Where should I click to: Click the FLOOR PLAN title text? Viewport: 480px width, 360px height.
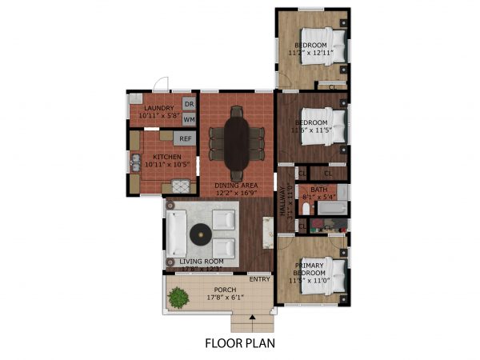239,345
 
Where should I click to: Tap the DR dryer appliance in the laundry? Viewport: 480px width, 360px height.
189,104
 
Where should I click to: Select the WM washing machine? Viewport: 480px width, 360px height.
189,119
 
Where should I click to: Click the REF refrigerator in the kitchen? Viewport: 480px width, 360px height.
185,138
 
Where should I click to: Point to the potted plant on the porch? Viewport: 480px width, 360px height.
178,298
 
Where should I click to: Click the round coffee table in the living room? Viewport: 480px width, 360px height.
200,234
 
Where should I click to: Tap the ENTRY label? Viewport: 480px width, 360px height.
259,279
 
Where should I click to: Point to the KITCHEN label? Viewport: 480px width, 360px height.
156,157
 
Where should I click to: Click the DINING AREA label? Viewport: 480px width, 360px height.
234,186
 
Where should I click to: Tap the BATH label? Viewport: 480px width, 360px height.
319,190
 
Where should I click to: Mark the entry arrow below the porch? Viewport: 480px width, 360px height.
253,318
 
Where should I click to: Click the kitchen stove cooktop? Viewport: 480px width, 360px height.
182,186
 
